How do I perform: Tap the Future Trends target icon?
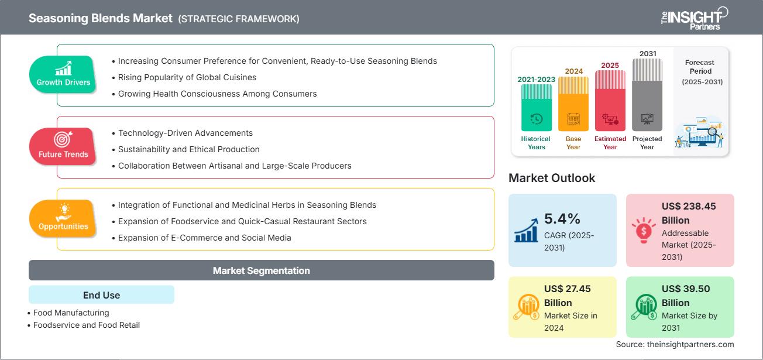tap(63, 139)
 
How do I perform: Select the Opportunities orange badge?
tap(63, 218)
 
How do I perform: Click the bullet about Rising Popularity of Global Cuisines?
tap(187, 77)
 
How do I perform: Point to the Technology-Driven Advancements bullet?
tap(185, 133)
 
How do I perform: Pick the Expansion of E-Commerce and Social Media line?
tap(204, 238)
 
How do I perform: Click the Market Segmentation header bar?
tap(261, 270)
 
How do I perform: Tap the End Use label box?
tap(101, 295)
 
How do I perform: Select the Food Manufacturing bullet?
tap(71, 313)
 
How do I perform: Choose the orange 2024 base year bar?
tap(573, 104)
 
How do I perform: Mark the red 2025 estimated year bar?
tap(610, 100)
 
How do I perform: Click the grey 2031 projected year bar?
tap(647, 94)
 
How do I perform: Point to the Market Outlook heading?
tap(552, 178)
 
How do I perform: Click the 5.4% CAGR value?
tap(562, 218)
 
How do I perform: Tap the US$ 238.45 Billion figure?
tap(689, 213)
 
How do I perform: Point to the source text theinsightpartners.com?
tap(675, 344)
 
